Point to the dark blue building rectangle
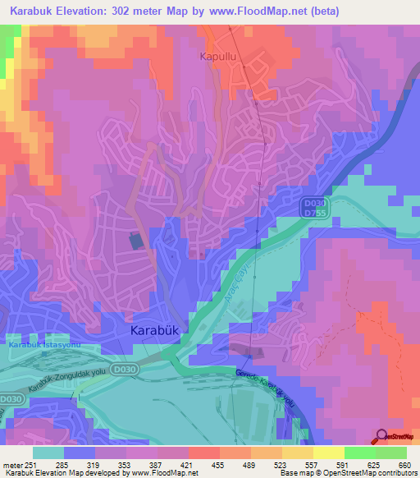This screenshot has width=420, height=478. click(x=135, y=241)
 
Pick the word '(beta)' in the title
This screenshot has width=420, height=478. click(x=318, y=11)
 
